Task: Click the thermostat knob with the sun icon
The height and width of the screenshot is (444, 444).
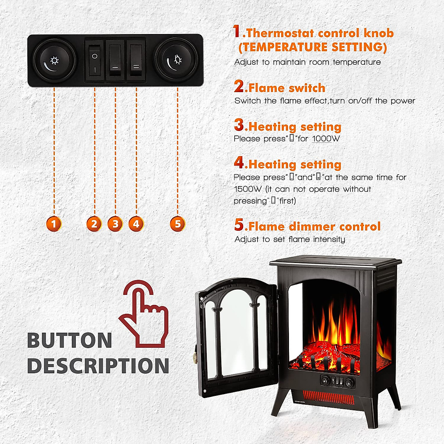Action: pyautogui.click(x=54, y=60)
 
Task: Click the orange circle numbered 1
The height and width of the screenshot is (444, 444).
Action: pyautogui.click(x=54, y=224)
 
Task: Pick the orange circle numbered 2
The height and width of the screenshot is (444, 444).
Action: pyautogui.click(x=94, y=224)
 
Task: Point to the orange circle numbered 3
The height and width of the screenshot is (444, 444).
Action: pyautogui.click(x=115, y=224)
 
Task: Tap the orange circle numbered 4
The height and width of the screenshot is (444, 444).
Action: pyautogui.click(x=136, y=224)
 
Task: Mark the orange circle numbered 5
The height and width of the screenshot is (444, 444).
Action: pyautogui.click(x=178, y=224)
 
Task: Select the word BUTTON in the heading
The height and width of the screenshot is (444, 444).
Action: pyautogui.click(x=70, y=340)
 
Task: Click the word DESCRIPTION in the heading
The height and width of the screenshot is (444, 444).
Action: pyautogui.click(x=98, y=366)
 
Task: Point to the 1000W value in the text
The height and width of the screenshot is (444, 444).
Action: pyautogui.click(x=326, y=139)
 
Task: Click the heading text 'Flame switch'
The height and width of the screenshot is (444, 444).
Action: pyautogui.click(x=287, y=88)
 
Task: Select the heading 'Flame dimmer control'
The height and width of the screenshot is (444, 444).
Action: pyautogui.click(x=314, y=226)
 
